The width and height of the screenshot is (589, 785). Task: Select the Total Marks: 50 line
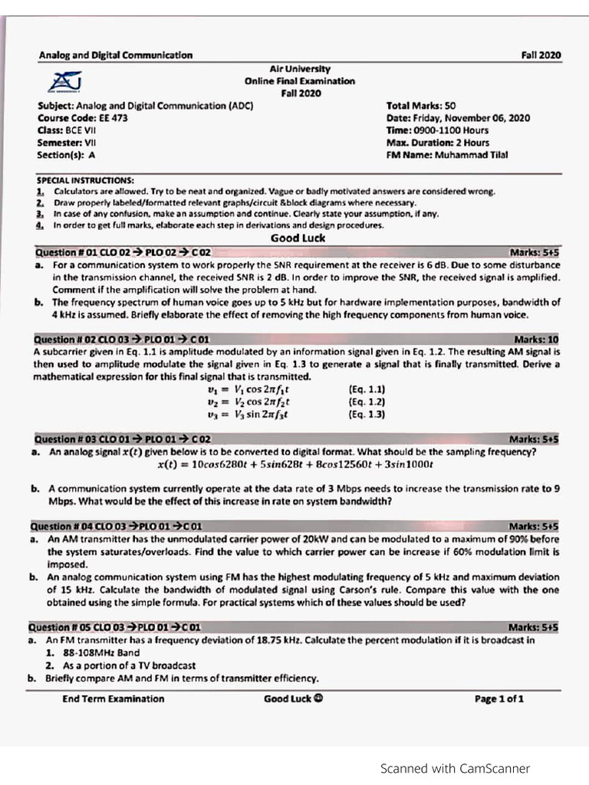[421, 106]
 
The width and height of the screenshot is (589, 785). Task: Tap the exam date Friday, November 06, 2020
[458, 118]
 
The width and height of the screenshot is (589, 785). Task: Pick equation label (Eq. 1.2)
[367, 402]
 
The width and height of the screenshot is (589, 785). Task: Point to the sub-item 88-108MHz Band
[101, 652]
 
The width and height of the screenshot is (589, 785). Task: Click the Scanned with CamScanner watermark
[455, 768]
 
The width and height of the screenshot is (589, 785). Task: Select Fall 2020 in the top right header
[541, 55]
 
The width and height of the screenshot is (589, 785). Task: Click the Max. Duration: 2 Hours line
[438, 143]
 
